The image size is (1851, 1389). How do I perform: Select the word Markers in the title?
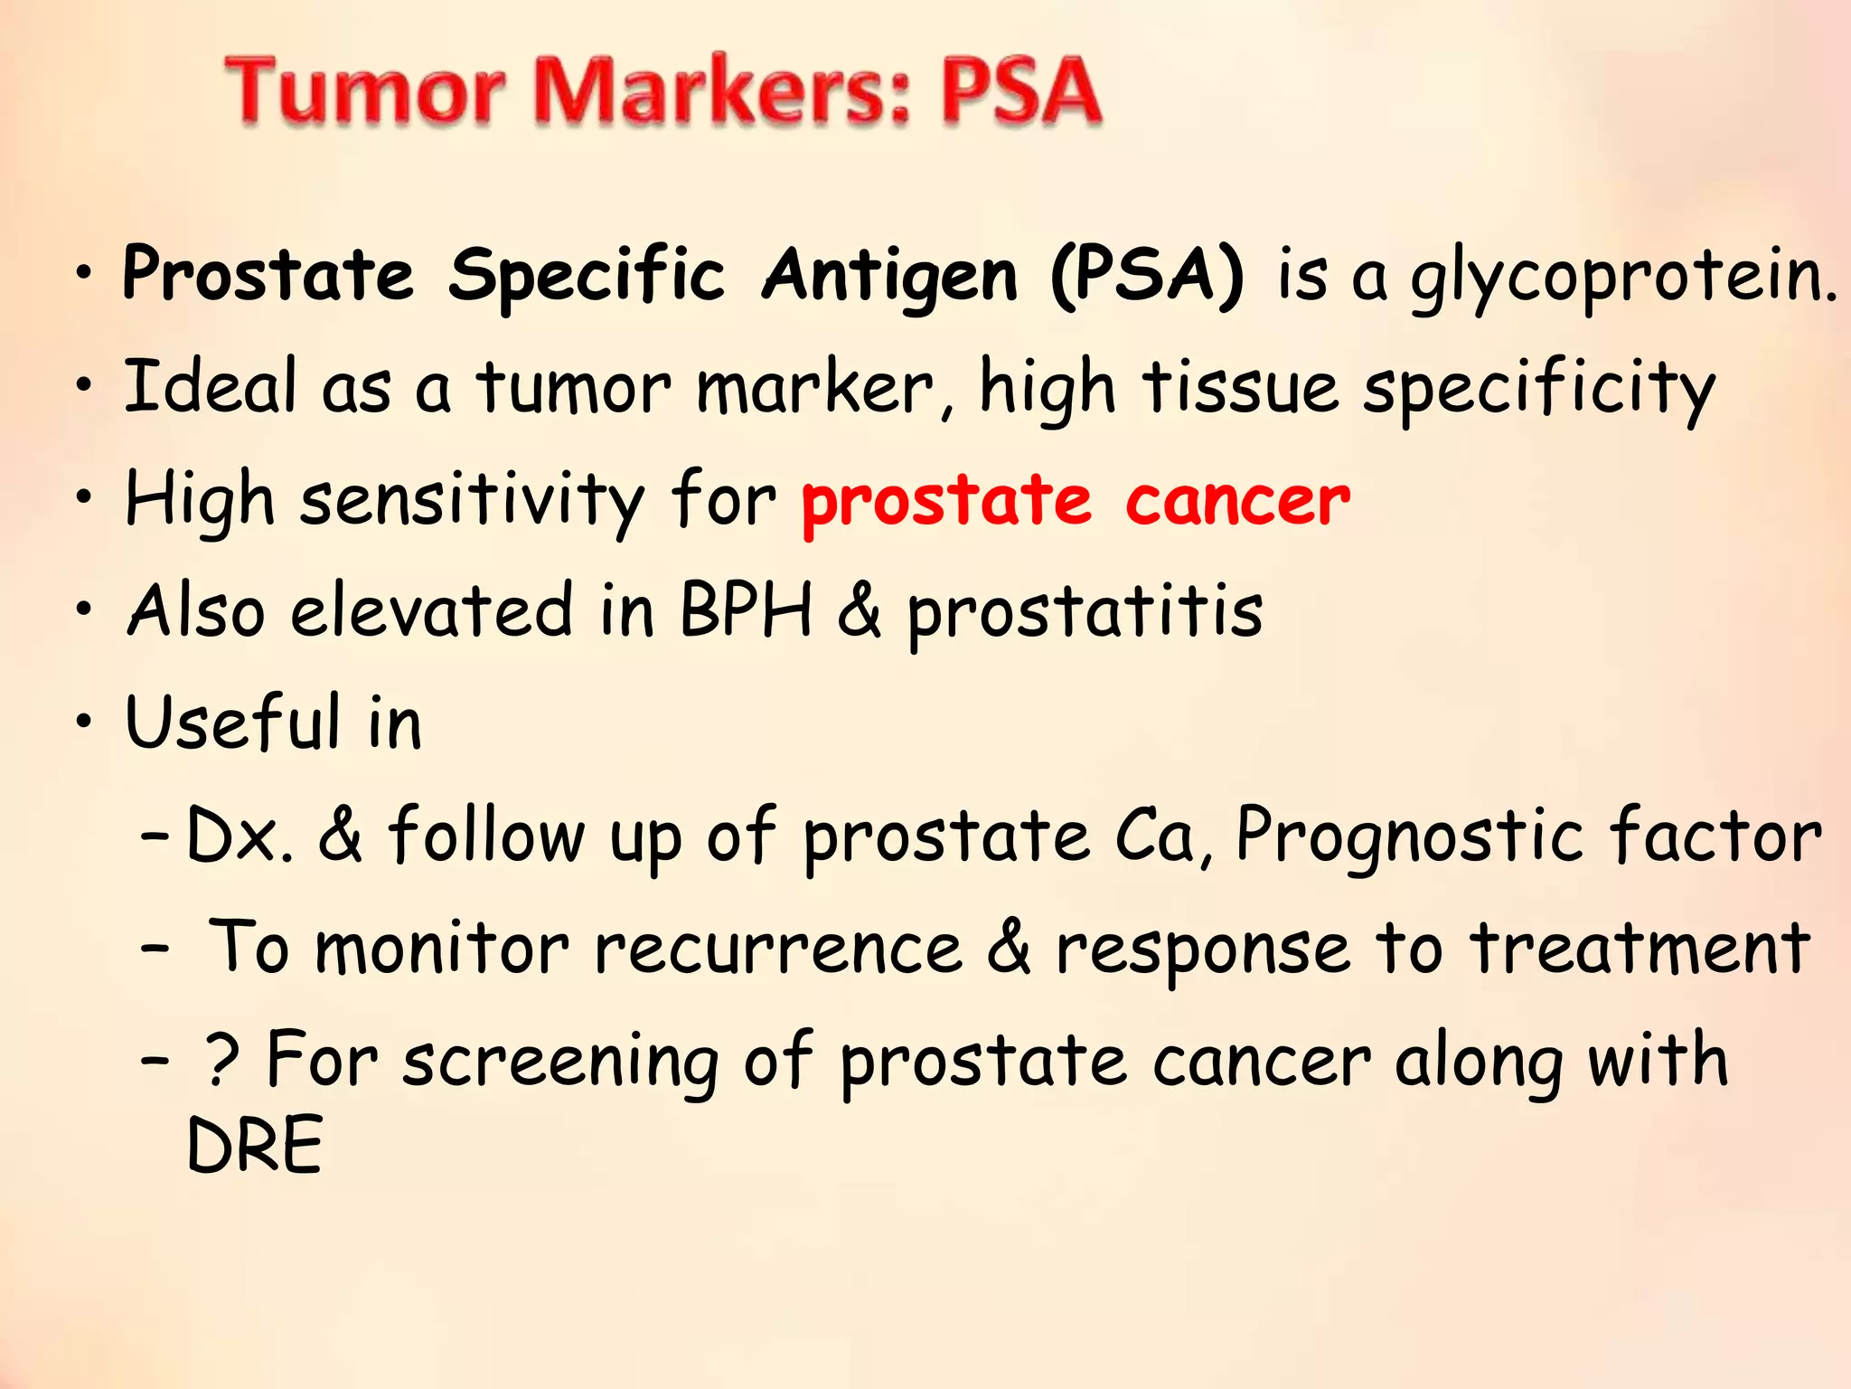(x=723, y=90)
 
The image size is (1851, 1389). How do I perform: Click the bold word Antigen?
(x=889, y=276)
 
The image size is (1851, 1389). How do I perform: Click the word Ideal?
(x=210, y=387)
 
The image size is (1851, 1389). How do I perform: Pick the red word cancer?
(x=1237, y=502)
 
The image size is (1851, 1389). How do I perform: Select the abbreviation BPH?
(x=746, y=610)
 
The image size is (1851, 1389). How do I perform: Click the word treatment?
(x=1640, y=950)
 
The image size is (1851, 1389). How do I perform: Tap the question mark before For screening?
(x=222, y=1060)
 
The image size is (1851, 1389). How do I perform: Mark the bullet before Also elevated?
(x=84, y=609)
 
